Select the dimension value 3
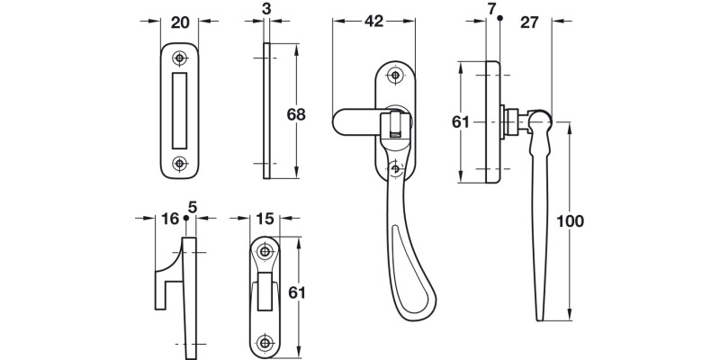pos(267,9)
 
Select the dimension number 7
pos(491,9)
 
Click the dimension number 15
pos(264,219)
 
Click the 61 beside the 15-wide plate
pos(296,292)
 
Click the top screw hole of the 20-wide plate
pos(180,59)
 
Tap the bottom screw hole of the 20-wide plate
pos(180,163)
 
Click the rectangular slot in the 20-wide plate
pos(180,111)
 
